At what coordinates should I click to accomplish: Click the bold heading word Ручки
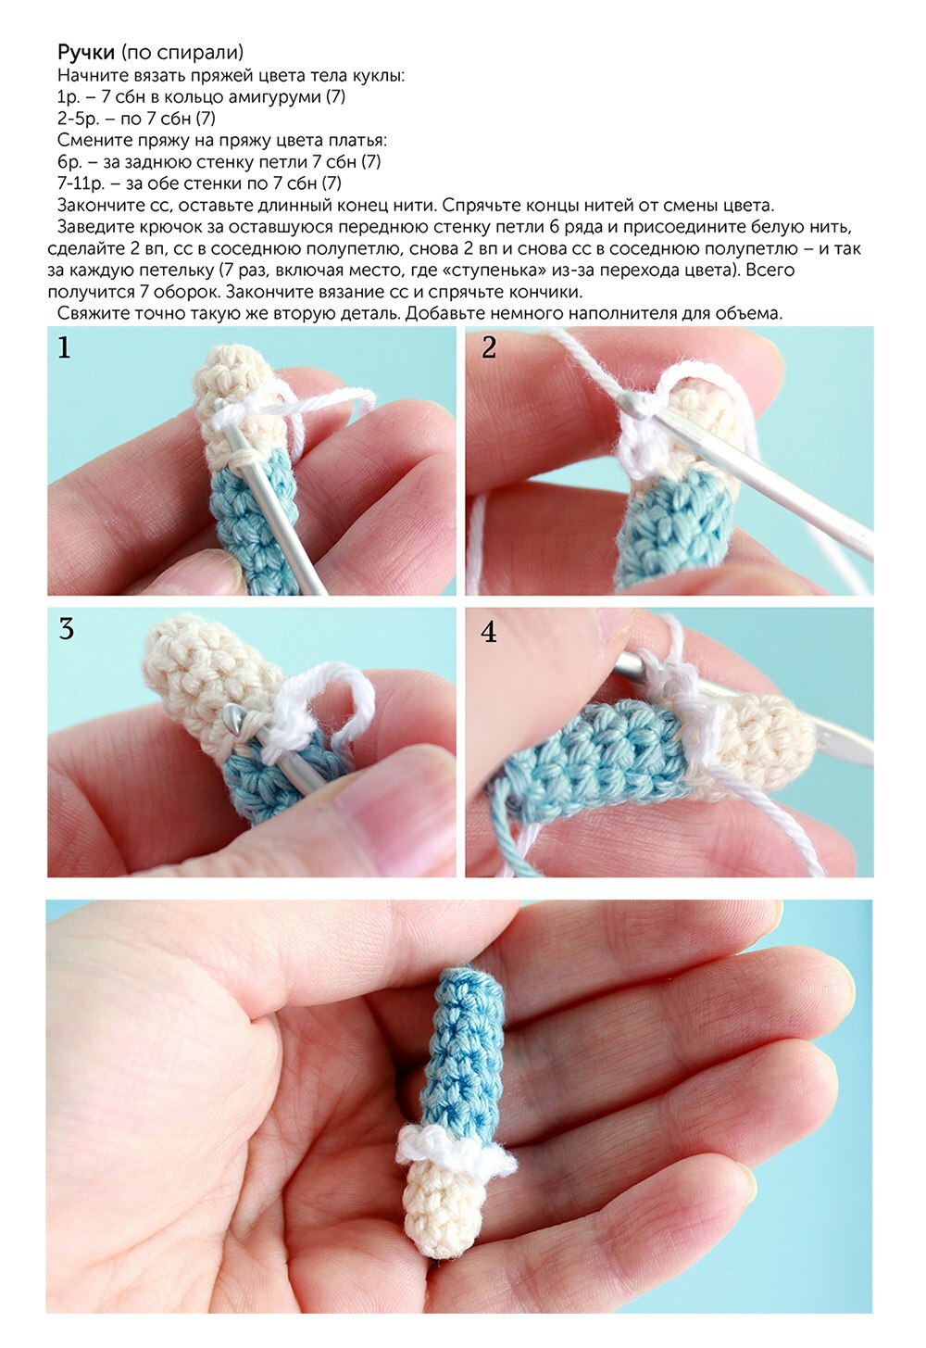coord(86,53)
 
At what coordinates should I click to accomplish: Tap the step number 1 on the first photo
coord(64,347)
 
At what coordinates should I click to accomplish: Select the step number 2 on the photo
coord(489,347)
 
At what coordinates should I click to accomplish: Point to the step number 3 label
coord(66,629)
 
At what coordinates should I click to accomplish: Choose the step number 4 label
coord(489,631)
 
